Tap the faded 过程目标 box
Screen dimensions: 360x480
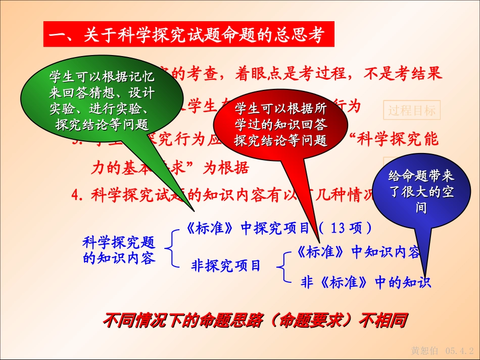(x=412, y=110)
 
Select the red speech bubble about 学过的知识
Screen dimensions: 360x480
(x=281, y=124)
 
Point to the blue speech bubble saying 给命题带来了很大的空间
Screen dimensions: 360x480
(x=421, y=192)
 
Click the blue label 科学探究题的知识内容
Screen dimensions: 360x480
(x=119, y=250)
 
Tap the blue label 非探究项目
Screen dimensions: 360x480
(x=226, y=265)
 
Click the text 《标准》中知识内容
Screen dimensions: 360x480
(x=358, y=252)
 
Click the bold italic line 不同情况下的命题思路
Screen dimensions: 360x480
(x=255, y=320)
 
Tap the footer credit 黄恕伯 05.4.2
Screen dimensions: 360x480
(x=443, y=350)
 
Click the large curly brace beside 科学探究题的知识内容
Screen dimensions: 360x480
(x=172, y=247)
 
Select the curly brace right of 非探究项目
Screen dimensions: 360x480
(x=284, y=267)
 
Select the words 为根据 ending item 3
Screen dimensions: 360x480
(x=226, y=168)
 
